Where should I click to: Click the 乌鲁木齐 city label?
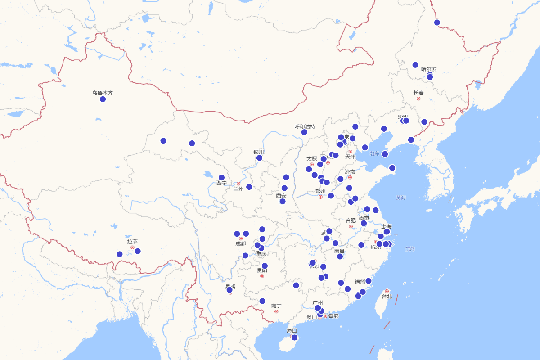pyautogui.click(x=103, y=93)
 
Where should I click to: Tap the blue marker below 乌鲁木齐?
pyautogui.click(x=103, y=99)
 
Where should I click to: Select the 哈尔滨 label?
pyautogui.click(x=429, y=69)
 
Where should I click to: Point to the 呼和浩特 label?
pyautogui.click(x=305, y=126)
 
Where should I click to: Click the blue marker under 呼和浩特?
pyautogui.click(x=305, y=132)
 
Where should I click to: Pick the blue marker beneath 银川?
pyautogui.click(x=259, y=158)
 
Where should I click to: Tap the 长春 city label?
pyautogui.click(x=418, y=93)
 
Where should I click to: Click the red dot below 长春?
pyautogui.click(x=418, y=99)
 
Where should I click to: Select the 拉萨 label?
pyautogui.click(x=132, y=242)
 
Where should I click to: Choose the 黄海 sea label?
pyautogui.click(x=401, y=198)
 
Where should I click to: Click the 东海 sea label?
pyautogui.click(x=410, y=249)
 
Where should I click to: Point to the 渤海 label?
pyautogui.click(x=374, y=153)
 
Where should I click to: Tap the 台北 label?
pyautogui.click(x=387, y=297)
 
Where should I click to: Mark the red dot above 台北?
pyautogui.click(x=387, y=291)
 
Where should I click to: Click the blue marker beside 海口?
pyautogui.click(x=294, y=337)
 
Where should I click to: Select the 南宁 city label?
pyautogui.click(x=276, y=306)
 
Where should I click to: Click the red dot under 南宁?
pyautogui.click(x=276, y=311)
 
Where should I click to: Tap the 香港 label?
pyautogui.click(x=333, y=316)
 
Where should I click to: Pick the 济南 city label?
pyautogui.click(x=350, y=171)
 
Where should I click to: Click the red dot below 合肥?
pyautogui.click(x=351, y=226)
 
